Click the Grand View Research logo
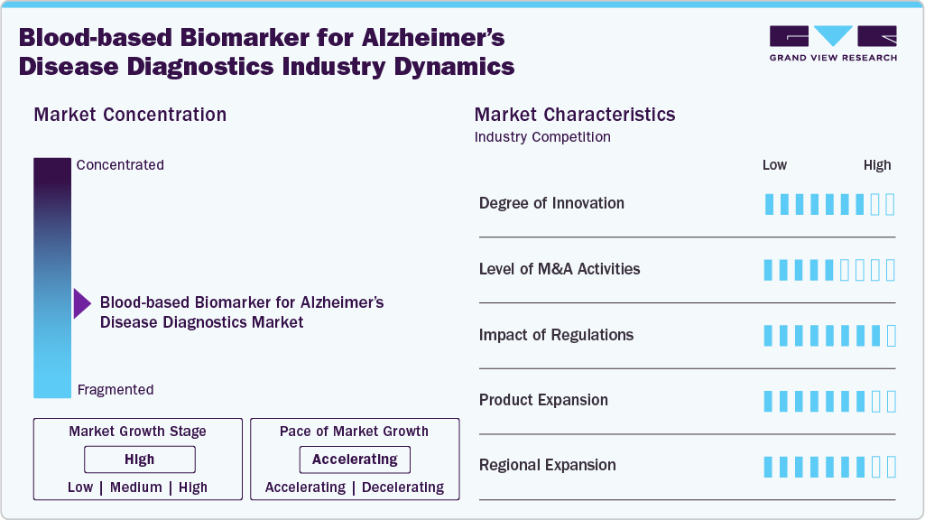[832, 43]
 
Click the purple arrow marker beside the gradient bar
[82, 304]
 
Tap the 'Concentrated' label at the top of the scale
[120, 165]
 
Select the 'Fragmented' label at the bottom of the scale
[116, 390]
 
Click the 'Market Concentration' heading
[130, 115]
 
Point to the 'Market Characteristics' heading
[575, 115]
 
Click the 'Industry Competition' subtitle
[542, 137]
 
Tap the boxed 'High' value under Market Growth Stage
[139, 460]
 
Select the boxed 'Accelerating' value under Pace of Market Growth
[355, 460]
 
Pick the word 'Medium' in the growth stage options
[136, 487]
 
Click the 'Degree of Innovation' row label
[551, 203]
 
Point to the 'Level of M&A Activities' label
[560, 269]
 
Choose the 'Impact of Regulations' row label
[556, 335]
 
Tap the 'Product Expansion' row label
[543, 400]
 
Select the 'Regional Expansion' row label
[548, 466]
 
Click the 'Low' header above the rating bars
[774, 165]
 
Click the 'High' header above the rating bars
[877, 165]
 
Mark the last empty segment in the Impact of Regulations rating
[891, 336]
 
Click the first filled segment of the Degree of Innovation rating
[769, 204]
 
